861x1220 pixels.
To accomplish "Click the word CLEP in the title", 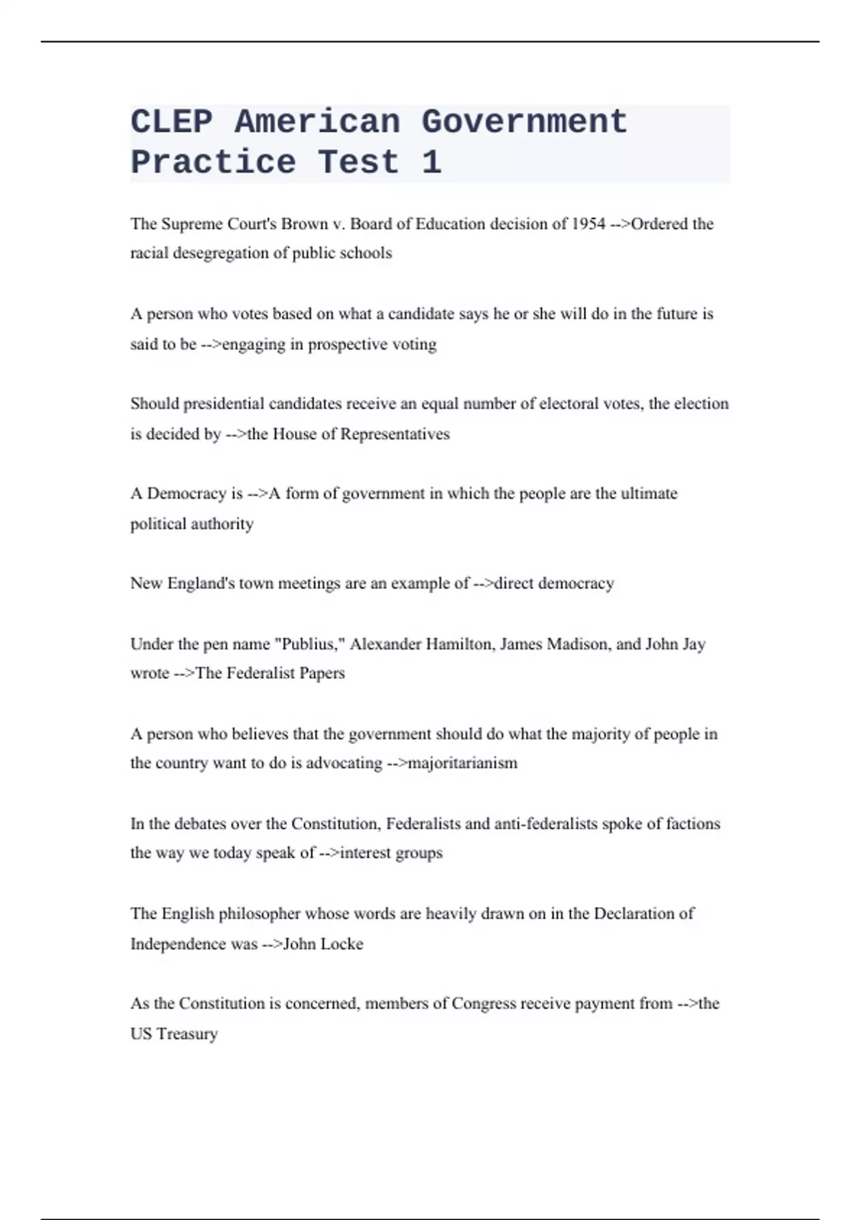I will pyautogui.click(x=171, y=122).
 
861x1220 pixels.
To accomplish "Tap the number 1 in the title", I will pyautogui.click(x=431, y=162).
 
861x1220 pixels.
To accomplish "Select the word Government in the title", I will pyautogui.click(x=524, y=122).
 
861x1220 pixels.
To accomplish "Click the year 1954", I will pyautogui.click(x=588, y=224).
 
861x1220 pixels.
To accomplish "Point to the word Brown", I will pyautogui.click(x=304, y=224).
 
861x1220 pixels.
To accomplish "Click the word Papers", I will pyautogui.click(x=322, y=673).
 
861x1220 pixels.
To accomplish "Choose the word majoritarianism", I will pyautogui.click(x=463, y=763).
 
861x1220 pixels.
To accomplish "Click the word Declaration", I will pyautogui.click(x=634, y=914).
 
